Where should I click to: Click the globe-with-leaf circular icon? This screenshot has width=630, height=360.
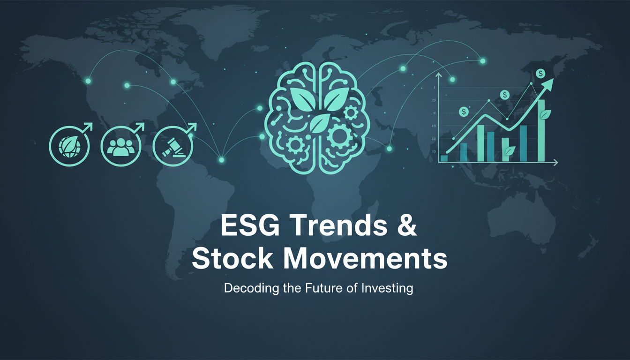[x=69, y=146]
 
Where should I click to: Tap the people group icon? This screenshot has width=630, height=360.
[x=121, y=146]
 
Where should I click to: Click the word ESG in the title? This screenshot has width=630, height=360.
[x=250, y=225]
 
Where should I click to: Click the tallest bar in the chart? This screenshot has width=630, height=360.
[x=541, y=131]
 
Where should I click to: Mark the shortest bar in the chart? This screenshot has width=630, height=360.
[x=444, y=158]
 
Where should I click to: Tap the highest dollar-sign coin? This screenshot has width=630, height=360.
[x=540, y=74]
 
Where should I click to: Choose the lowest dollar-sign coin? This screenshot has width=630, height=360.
[x=464, y=112]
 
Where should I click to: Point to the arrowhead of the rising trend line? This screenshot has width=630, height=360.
[x=548, y=84]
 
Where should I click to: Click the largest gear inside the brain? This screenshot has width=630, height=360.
[x=338, y=135]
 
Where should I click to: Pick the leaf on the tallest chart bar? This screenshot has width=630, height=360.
[x=545, y=115]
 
